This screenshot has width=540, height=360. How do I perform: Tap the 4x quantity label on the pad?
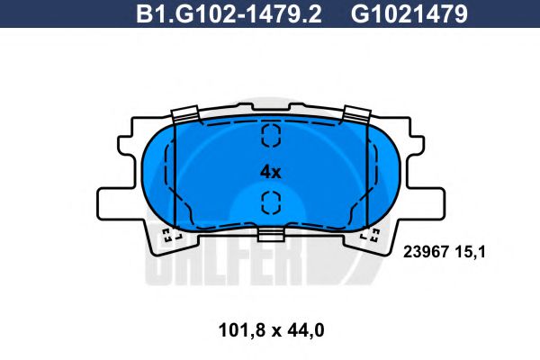coord(270,170)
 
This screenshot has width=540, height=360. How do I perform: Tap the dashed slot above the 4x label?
coord(270,136)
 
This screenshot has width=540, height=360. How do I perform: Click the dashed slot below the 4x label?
coord(270,202)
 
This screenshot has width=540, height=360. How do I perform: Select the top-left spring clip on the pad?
coord(185,115)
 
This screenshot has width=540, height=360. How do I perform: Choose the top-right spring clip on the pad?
coord(356,115)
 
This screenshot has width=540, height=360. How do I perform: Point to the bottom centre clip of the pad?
coord(270,235)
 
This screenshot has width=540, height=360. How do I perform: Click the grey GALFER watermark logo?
coord(252,265)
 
